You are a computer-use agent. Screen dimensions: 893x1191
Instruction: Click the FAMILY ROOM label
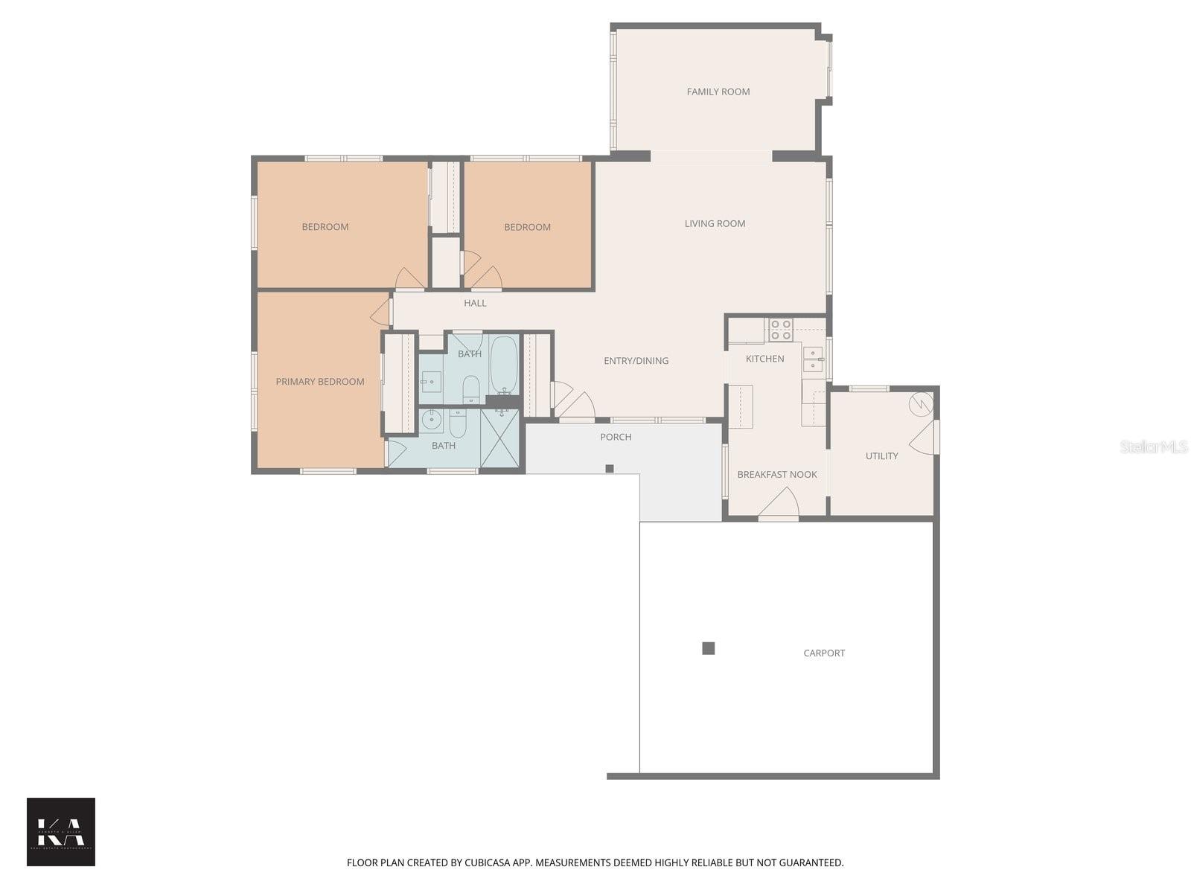coord(718,92)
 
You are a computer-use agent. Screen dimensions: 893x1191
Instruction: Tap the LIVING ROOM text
coord(715,223)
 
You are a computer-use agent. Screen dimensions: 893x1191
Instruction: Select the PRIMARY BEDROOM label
coord(320,382)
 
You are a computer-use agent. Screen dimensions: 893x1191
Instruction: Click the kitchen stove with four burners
coord(780,330)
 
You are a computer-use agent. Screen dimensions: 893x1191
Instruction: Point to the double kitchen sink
coord(812,359)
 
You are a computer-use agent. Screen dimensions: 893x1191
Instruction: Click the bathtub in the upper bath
coord(504,365)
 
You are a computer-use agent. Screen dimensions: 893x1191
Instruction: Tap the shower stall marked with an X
coord(499,438)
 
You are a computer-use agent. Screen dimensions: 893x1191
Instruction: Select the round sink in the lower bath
coord(431,420)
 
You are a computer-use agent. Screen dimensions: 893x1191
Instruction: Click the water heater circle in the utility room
coord(921,404)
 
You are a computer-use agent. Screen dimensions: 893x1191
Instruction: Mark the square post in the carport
coord(709,648)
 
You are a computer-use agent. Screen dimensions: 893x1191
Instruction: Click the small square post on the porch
coord(609,468)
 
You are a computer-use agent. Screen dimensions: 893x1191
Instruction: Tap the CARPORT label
coord(824,653)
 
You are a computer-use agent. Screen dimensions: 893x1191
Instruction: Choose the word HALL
coord(475,303)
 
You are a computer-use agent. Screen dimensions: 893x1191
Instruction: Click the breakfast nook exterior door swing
coord(779,503)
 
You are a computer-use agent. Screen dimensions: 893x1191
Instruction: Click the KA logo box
coord(61,831)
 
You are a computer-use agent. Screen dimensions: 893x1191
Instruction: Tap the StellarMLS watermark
coord(1153,446)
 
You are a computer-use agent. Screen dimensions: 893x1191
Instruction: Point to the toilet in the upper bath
coord(470,388)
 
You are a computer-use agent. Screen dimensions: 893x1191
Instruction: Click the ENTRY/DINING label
coord(636,361)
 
